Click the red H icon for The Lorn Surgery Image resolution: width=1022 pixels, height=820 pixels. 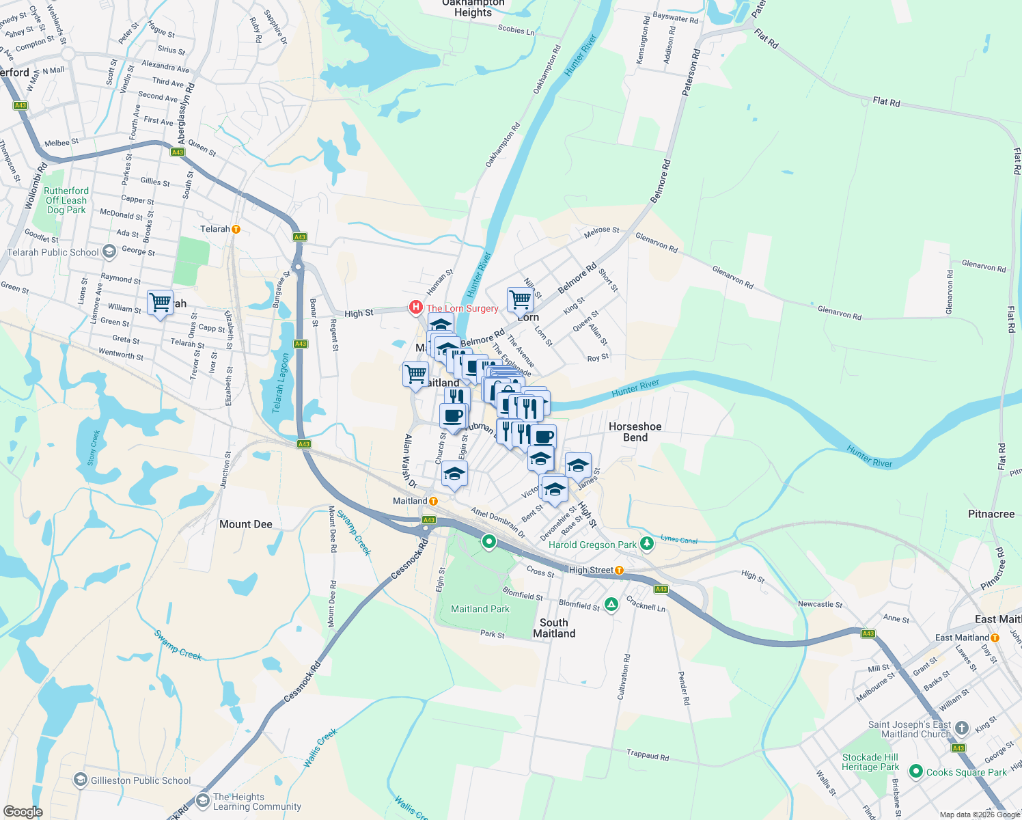415,308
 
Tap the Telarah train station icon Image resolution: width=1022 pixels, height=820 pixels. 236,229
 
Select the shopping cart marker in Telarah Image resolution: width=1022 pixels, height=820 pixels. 160,302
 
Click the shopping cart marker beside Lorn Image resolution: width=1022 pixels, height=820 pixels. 520,299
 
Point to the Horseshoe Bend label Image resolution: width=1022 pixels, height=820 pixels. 635,432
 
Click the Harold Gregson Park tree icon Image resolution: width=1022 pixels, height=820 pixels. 647,544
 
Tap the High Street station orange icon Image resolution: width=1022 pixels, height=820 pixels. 619,570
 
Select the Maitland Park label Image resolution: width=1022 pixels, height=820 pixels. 480,609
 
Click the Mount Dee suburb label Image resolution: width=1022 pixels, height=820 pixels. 246,524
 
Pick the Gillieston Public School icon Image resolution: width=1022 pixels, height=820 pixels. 81,780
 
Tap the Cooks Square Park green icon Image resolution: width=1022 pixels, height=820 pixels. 916,771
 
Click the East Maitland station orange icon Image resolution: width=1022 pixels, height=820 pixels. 995,638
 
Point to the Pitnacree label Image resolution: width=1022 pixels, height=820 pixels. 991,514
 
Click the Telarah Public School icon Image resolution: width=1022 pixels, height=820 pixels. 109,252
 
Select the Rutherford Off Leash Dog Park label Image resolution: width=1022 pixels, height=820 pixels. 66,200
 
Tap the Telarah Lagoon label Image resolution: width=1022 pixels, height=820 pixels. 281,383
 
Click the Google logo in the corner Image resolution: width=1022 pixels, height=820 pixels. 23,812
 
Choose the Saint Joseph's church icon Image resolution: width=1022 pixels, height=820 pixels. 962,728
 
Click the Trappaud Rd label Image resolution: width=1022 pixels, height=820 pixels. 648,756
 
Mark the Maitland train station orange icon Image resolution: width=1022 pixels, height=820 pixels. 433,501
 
